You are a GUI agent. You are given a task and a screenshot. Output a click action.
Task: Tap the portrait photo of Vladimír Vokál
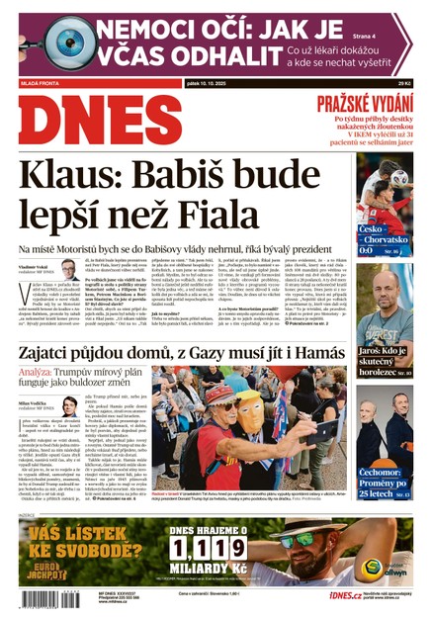point(69,270)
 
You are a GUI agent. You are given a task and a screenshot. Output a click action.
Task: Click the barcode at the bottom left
point(42,598)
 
